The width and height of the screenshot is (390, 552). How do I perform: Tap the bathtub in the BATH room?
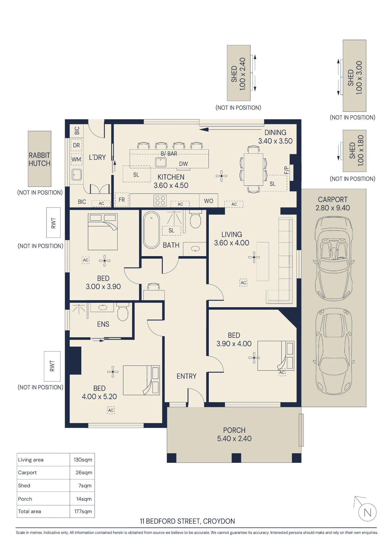(x=151, y=230)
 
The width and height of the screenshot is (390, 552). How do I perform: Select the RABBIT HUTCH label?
(x=39, y=159)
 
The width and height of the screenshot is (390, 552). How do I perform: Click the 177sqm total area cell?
(x=83, y=511)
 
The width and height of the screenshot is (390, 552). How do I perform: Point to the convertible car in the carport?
(x=334, y=259)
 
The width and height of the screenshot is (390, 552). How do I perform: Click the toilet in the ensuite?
(x=123, y=312)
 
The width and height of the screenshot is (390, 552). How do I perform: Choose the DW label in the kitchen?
(x=183, y=164)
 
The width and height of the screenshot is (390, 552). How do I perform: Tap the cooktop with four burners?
(x=160, y=201)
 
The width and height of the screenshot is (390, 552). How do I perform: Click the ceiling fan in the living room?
(x=254, y=257)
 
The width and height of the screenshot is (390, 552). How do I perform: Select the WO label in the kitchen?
(x=209, y=201)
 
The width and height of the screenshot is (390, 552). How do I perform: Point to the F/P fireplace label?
(x=286, y=170)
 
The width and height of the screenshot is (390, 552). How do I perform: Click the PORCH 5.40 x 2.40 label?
(x=234, y=434)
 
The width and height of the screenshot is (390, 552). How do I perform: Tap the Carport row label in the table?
(x=27, y=473)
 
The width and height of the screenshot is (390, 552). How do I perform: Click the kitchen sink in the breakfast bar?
(x=161, y=162)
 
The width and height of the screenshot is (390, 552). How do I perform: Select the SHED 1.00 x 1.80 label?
(x=356, y=150)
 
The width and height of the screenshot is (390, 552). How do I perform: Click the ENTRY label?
(x=186, y=376)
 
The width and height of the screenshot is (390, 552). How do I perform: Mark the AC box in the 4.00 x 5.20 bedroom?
(x=111, y=410)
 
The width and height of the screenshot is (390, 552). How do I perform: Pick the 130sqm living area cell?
(x=83, y=460)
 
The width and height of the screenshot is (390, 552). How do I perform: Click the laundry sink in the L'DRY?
(x=77, y=174)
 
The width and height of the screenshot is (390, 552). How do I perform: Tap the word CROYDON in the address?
(x=219, y=521)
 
